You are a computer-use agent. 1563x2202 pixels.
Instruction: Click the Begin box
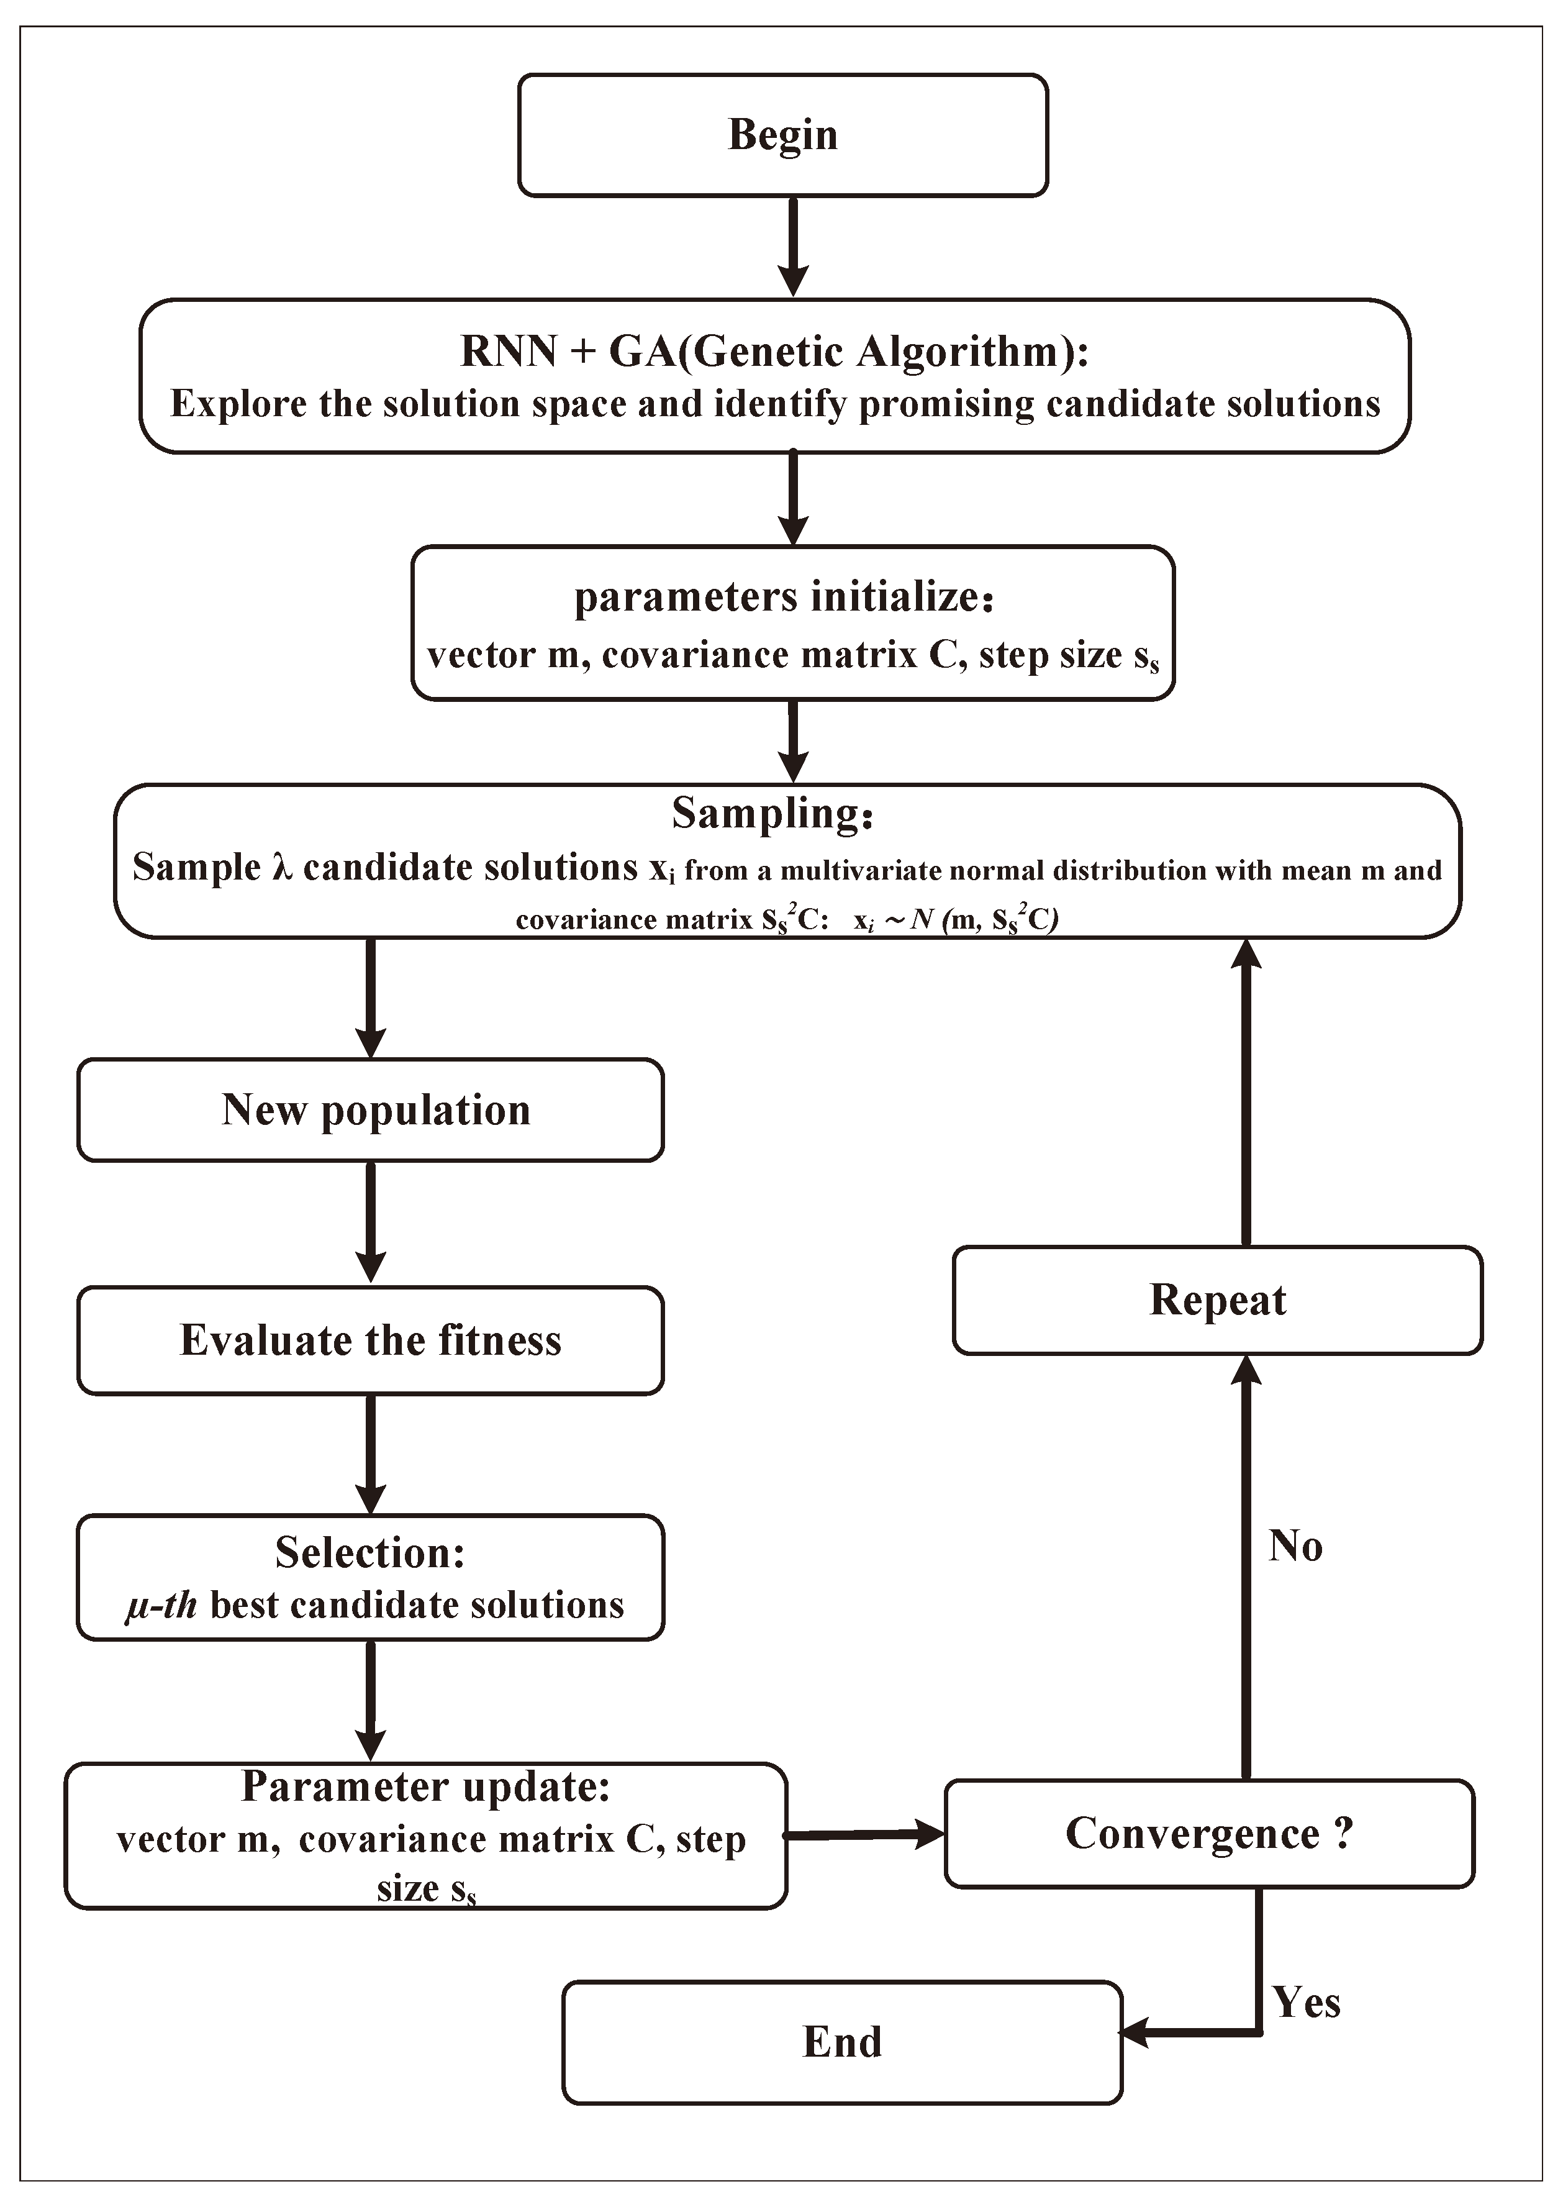click(x=782, y=135)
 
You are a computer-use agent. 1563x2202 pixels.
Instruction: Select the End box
click(x=842, y=2041)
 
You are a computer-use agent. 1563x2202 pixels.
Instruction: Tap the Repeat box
click(x=1218, y=1300)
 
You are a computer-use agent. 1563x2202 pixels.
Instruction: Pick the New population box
click(x=371, y=1110)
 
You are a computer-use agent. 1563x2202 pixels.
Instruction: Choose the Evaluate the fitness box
click(x=371, y=1340)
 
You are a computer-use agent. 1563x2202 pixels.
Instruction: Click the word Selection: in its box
click(x=371, y=1552)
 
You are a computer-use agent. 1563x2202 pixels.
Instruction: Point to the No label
click(x=1295, y=1545)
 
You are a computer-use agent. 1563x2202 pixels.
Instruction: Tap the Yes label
click(x=1306, y=2003)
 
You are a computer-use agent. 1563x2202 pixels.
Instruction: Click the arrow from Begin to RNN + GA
click(x=792, y=247)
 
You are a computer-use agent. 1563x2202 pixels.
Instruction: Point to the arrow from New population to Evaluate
click(x=371, y=1223)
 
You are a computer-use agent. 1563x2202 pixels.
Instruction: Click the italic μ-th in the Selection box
click(x=161, y=1605)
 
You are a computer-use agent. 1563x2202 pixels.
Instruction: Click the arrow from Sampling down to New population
click(x=371, y=998)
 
